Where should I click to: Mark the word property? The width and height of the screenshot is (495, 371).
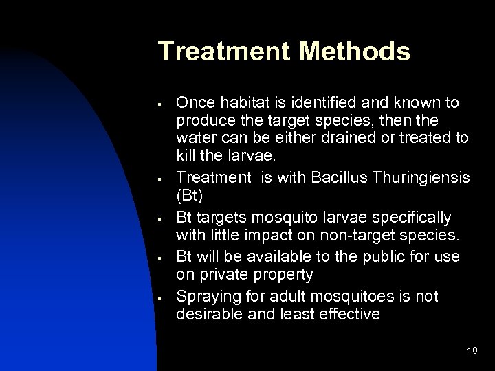click(x=284, y=276)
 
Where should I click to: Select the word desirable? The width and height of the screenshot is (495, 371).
click(x=206, y=314)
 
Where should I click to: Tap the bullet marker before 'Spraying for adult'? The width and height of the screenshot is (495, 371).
click(x=159, y=297)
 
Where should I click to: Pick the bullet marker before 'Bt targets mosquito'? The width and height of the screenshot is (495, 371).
click(x=159, y=220)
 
